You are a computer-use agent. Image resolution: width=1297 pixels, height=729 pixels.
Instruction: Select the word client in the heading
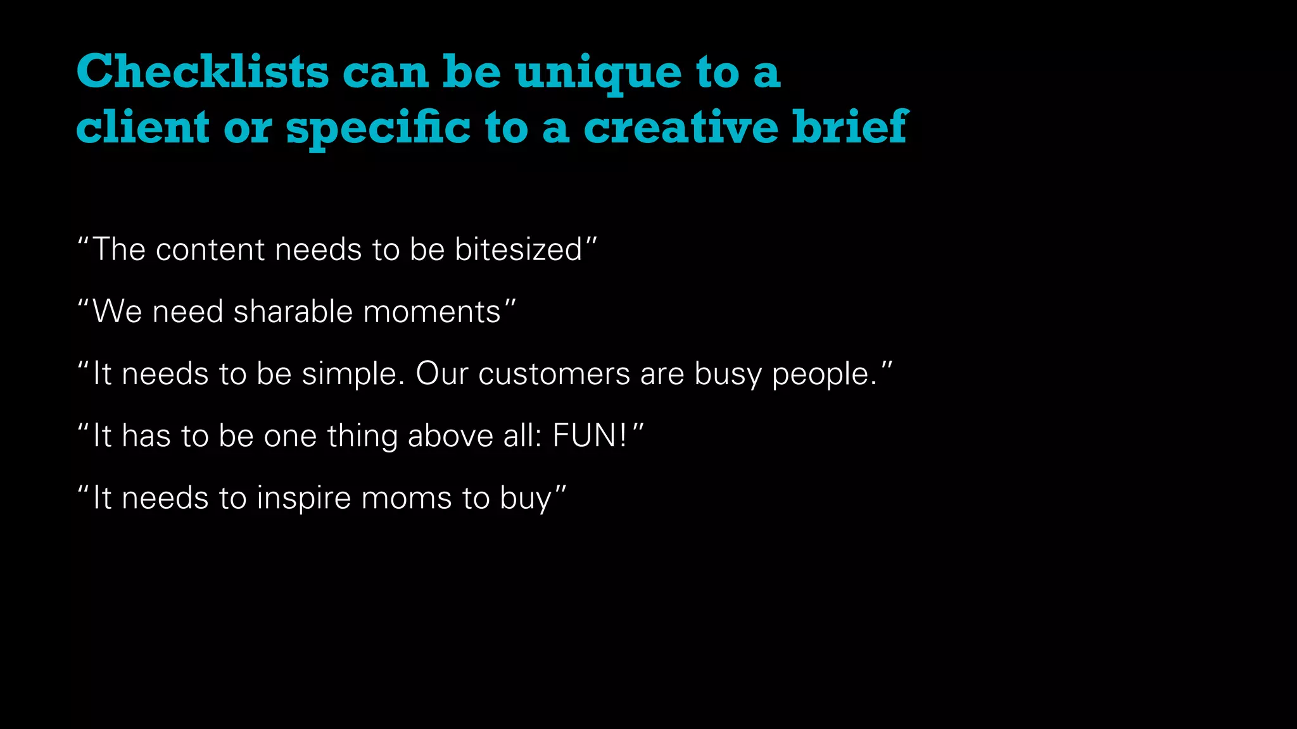(x=142, y=127)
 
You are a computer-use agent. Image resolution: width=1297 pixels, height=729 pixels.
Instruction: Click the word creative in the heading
(x=680, y=127)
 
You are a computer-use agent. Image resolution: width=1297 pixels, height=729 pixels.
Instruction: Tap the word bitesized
(x=519, y=249)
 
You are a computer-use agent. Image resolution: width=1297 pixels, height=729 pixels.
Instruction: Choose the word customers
(x=554, y=373)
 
